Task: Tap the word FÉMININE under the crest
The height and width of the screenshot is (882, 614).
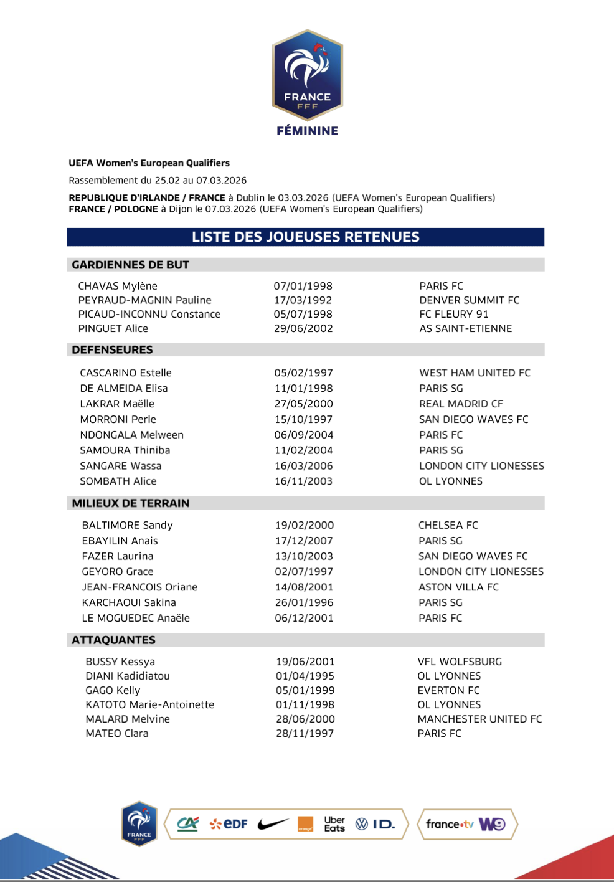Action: point(308,131)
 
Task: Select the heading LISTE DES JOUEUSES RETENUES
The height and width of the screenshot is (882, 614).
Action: point(306,237)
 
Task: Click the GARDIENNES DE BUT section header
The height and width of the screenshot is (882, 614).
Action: point(130,265)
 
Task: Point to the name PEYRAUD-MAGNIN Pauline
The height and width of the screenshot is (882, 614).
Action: point(144,300)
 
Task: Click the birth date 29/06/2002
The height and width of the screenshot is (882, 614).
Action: point(303,328)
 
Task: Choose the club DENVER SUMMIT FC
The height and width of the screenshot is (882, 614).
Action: point(469,300)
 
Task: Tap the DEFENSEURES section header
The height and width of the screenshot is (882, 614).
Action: point(112,349)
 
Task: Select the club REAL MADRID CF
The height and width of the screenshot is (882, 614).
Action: point(461,404)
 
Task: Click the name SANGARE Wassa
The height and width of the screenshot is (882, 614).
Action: point(120,466)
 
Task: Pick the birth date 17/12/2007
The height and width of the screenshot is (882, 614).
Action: point(304,541)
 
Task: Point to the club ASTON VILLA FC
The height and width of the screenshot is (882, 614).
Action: point(458,587)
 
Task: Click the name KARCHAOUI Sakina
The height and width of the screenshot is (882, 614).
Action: point(129,602)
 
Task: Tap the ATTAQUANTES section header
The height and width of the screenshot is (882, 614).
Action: point(113,640)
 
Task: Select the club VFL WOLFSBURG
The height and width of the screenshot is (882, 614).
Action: point(460,661)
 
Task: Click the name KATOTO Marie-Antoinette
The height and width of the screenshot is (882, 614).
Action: point(149,704)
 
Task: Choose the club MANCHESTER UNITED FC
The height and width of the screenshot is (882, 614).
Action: point(479,719)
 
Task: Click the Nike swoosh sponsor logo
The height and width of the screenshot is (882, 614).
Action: point(273,824)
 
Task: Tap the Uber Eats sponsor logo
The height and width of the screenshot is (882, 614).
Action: point(334,824)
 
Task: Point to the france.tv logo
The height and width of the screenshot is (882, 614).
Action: point(449,824)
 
